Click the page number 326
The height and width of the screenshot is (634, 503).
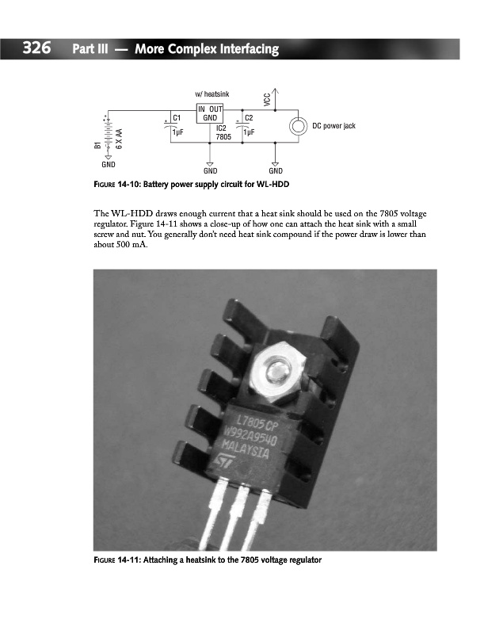point(37,49)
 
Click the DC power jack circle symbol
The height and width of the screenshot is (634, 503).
point(298,126)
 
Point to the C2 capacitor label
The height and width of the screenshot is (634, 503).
point(249,118)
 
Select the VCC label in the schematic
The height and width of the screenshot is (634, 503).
point(267,99)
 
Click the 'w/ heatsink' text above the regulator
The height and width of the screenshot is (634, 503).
point(211,94)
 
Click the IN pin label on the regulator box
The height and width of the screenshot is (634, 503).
point(203,109)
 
